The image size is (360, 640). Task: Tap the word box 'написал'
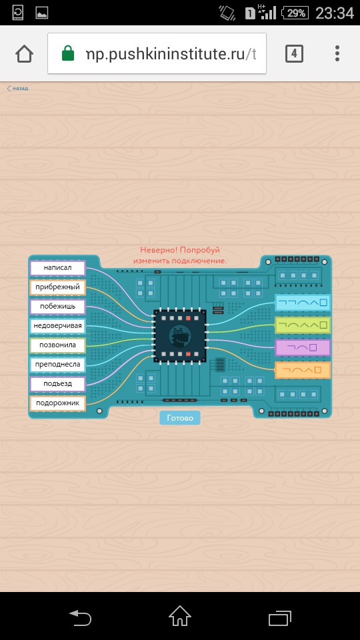[x=57, y=268]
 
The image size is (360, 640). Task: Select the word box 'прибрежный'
[x=57, y=287]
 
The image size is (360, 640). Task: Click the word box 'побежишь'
[x=57, y=307]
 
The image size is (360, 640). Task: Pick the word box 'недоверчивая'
[x=57, y=326]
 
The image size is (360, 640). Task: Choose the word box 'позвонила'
[x=57, y=345]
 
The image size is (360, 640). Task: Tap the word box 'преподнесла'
[x=57, y=365]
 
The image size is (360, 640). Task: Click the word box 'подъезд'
[x=57, y=384]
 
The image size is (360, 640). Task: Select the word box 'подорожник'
[x=57, y=403]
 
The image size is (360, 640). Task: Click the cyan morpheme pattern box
[x=303, y=303]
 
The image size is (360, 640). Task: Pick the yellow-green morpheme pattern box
[x=303, y=325]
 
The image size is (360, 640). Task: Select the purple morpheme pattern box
[x=303, y=348]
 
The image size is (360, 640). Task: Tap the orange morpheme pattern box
[x=303, y=370]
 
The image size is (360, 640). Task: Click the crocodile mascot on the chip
[x=179, y=336]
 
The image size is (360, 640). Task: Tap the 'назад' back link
[x=17, y=88]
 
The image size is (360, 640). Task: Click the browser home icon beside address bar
[x=24, y=53]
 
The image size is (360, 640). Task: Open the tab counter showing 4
[x=294, y=53]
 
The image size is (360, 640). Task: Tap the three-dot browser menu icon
[x=337, y=53]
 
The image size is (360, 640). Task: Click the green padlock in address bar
[x=68, y=53]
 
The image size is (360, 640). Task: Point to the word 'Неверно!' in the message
[x=159, y=250]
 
